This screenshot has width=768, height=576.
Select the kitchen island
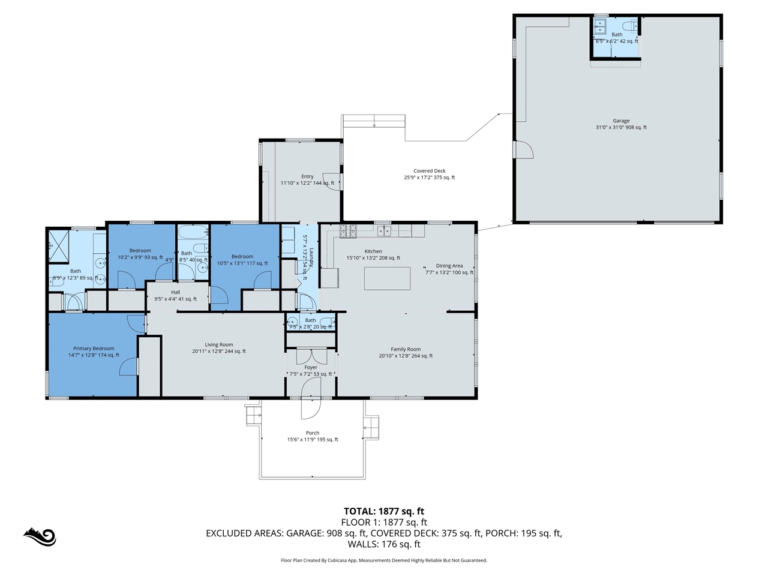click(x=388, y=278)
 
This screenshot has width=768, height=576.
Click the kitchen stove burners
click(x=348, y=230)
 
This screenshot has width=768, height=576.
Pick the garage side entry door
click(x=523, y=149)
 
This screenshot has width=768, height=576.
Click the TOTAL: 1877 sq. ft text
click(x=384, y=511)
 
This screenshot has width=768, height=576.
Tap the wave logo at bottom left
click(x=40, y=536)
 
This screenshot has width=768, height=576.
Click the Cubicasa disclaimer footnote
click(x=384, y=560)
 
